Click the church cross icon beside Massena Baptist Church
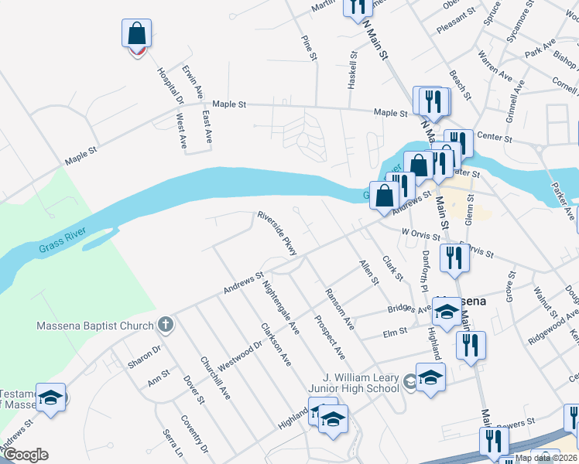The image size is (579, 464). (x=164, y=325)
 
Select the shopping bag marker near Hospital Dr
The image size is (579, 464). (x=136, y=35)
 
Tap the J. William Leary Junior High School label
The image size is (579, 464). (x=361, y=382)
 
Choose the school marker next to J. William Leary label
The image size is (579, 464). (x=430, y=377)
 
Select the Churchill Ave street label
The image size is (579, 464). (x=215, y=377)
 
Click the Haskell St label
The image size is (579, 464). (x=352, y=70)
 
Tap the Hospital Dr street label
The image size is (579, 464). (x=170, y=86)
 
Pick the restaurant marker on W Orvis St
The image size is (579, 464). (x=454, y=258)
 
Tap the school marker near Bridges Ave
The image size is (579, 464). (x=447, y=311)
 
